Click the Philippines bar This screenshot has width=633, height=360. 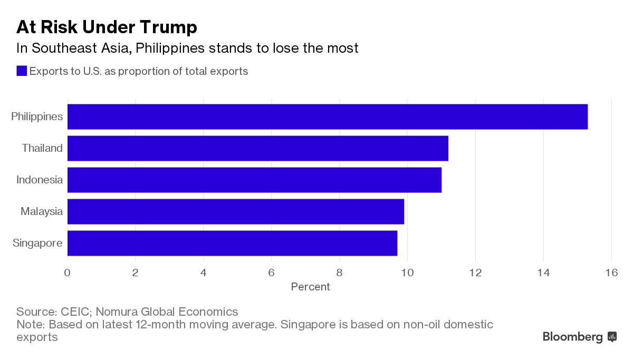pos(327,116)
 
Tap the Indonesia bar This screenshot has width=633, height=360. pos(254,180)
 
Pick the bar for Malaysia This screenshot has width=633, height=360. pos(235,211)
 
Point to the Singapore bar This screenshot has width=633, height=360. pos(232,243)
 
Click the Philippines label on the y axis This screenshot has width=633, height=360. pos(37,116)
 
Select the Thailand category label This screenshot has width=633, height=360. pos(42,148)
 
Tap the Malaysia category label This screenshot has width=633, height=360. pos(42,211)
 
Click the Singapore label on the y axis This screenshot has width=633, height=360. pos(37,243)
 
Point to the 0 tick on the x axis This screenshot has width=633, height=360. pos(68,273)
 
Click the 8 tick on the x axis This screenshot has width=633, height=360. pos(339,273)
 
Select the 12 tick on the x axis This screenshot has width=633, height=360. pos(475,273)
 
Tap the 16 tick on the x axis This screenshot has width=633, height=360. pos(611,273)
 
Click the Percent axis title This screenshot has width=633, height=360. pos(310,287)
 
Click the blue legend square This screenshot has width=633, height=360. pos(22,71)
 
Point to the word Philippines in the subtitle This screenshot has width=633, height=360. pos(168,48)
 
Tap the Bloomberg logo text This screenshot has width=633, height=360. pos(573,337)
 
